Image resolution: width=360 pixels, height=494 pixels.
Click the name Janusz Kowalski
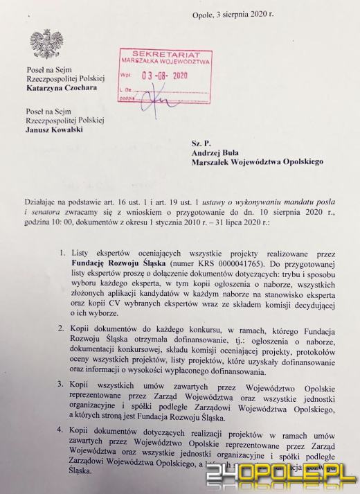53,128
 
